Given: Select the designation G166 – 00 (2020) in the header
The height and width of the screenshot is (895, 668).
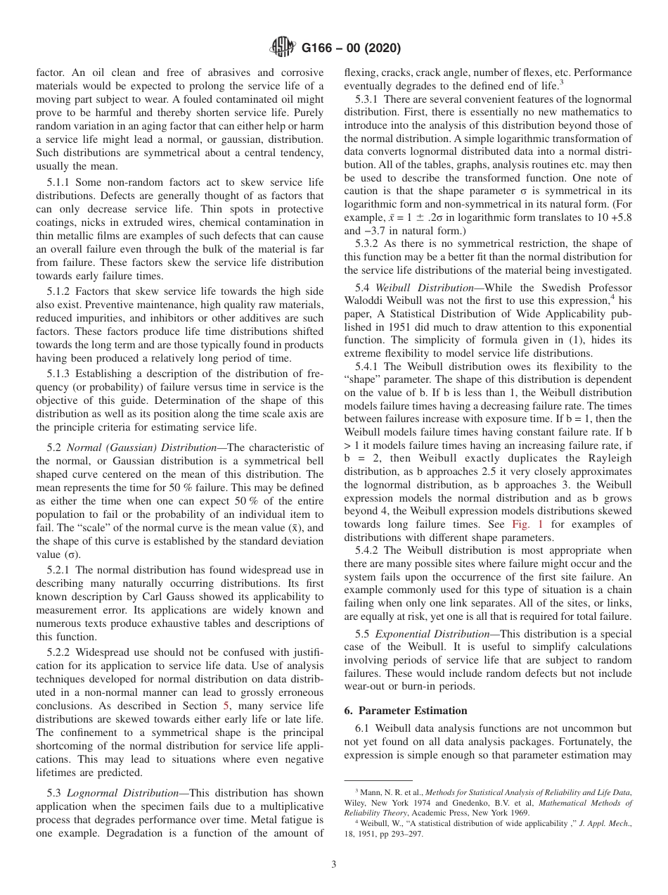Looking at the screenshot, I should click(350, 49).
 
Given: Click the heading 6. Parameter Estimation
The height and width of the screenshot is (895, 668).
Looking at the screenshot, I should click(406, 710).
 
